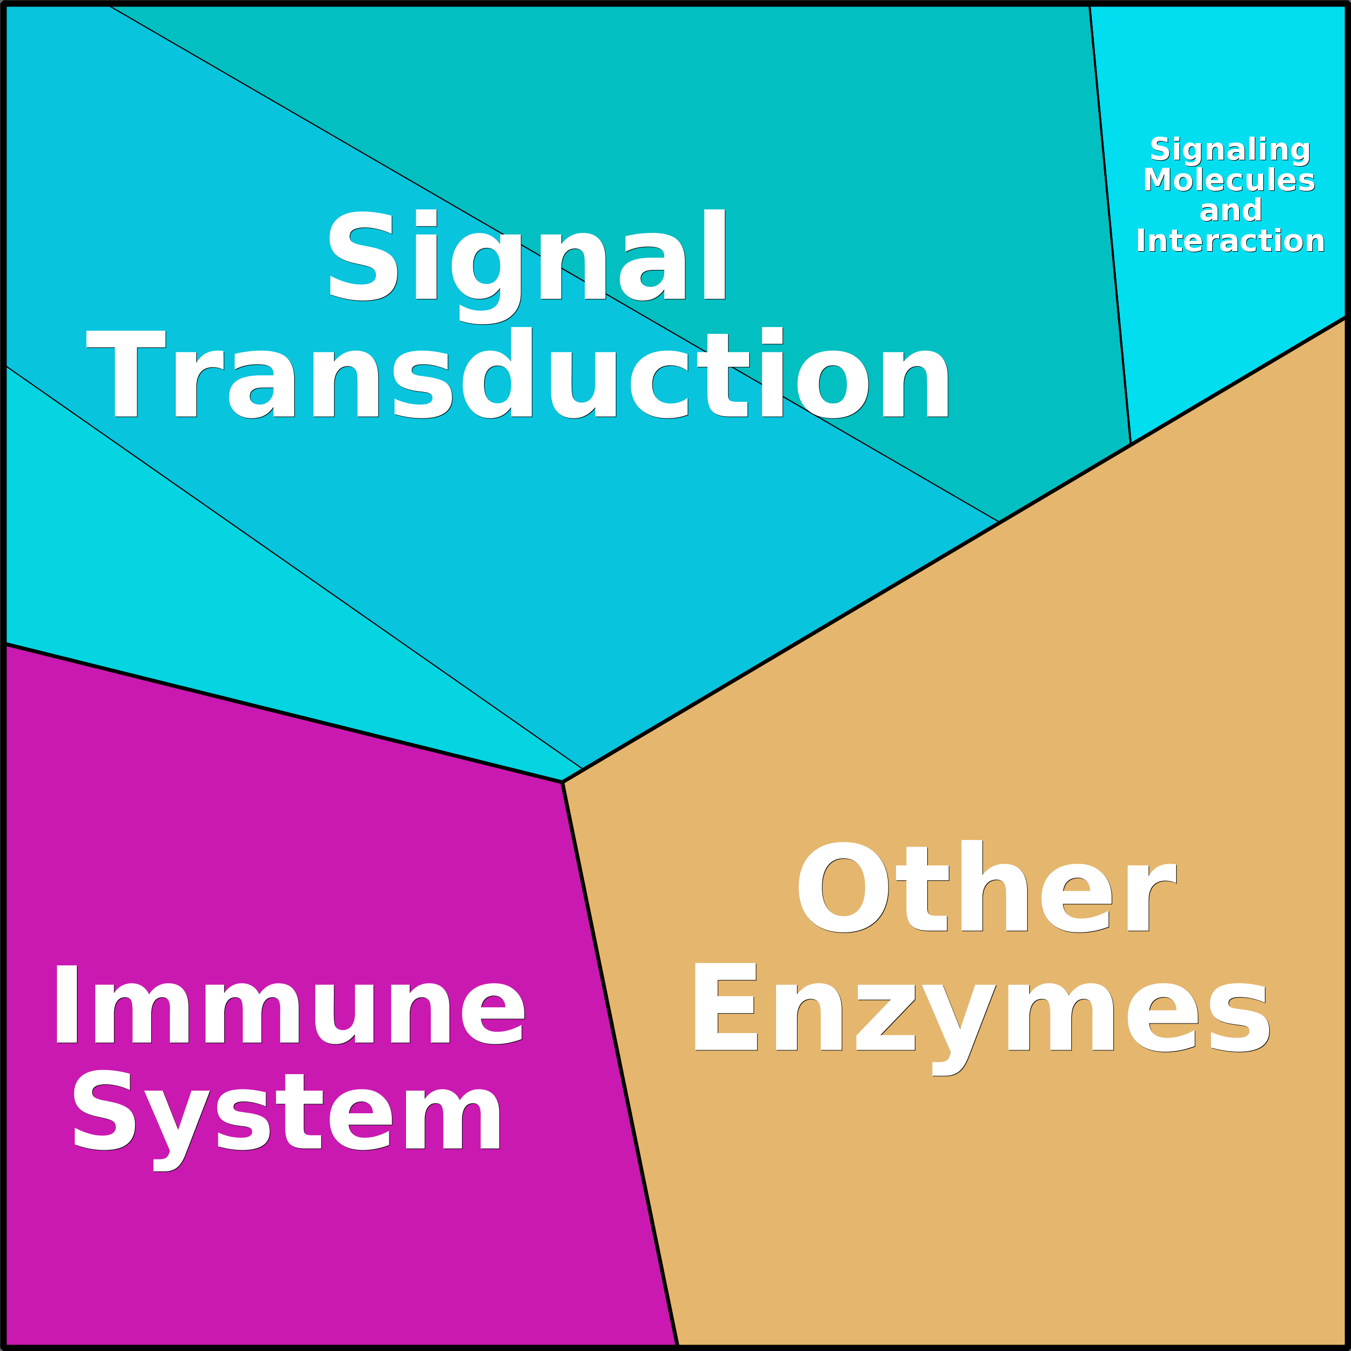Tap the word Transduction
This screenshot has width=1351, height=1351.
tap(517, 372)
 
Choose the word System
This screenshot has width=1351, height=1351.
tap(287, 1121)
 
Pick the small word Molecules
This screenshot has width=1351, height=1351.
tap(1228, 180)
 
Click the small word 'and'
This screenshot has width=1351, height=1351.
tap(1230, 210)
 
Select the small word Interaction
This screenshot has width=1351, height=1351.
tap(1230, 240)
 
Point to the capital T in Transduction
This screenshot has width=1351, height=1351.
tap(126, 373)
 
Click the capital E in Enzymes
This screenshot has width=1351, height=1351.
tap(725, 1006)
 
